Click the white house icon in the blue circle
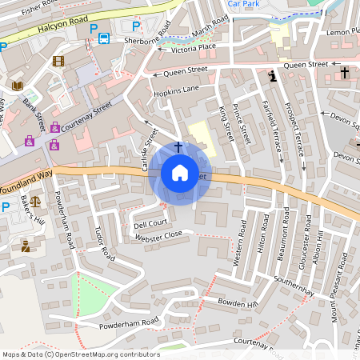pyautogui.click(x=180, y=173)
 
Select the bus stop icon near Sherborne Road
pyautogui.click(x=104, y=38)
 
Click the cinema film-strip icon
pyautogui.click(x=58, y=60)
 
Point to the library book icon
pyautogui.click(x=17, y=86)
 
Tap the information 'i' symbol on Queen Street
pyautogui.click(x=274, y=76)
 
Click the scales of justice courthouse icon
pyautogui.click(x=34, y=217)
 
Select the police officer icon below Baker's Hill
pyautogui.click(x=26, y=246)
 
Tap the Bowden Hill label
pyautogui.click(x=238, y=303)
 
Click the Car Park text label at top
pyautogui.click(x=244, y=4)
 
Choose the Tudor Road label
pyautogui.click(x=101, y=240)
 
